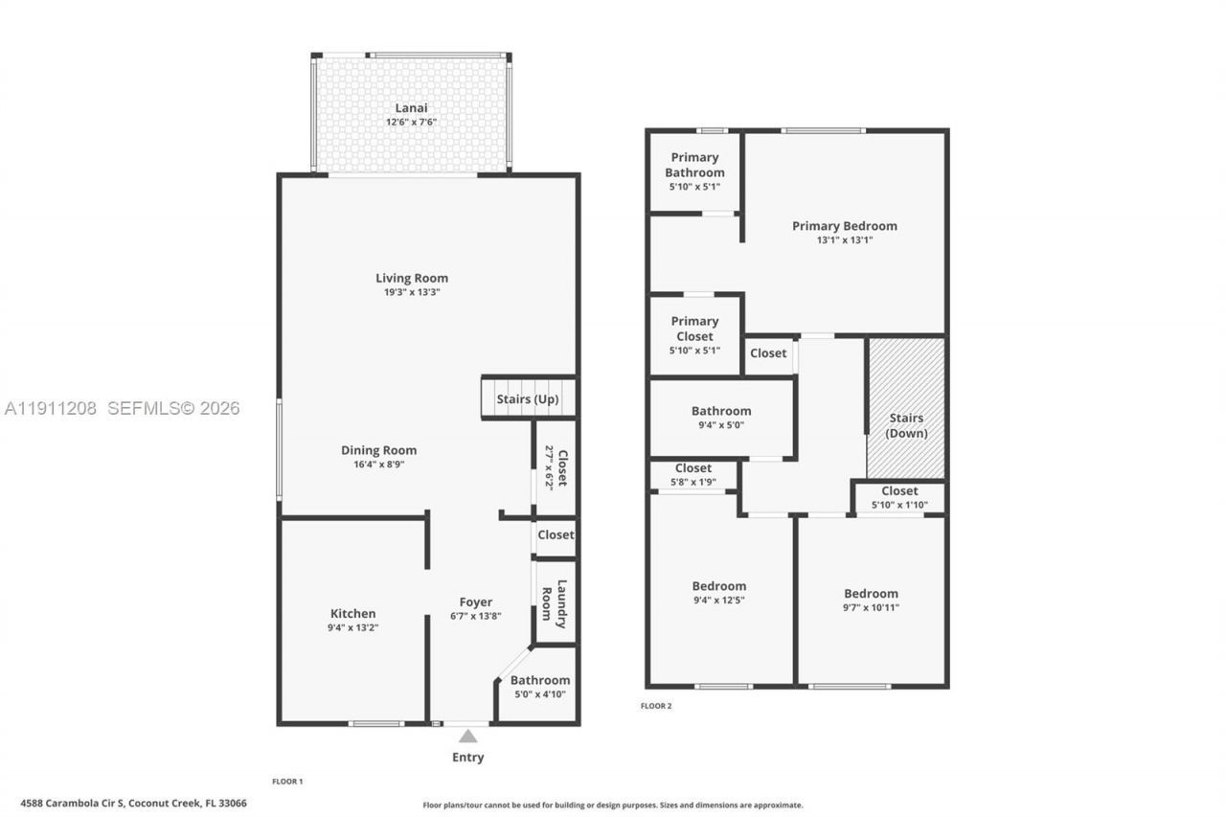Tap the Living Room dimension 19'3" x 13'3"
point(411,292)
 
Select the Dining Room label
point(379,450)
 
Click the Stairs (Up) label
point(528,399)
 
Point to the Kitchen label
point(353,614)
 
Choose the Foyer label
point(476,602)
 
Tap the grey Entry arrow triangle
point(467,736)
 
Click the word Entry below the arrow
point(467,758)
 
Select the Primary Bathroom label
point(694,165)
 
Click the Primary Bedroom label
point(844,226)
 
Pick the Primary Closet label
point(694,329)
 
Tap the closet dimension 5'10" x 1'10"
point(899,505)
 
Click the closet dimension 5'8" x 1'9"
point(692,482)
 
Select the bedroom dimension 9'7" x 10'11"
point(871,607)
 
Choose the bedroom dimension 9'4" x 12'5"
point(718,601)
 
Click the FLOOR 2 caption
point(656,706)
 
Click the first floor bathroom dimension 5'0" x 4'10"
point(539,694)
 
